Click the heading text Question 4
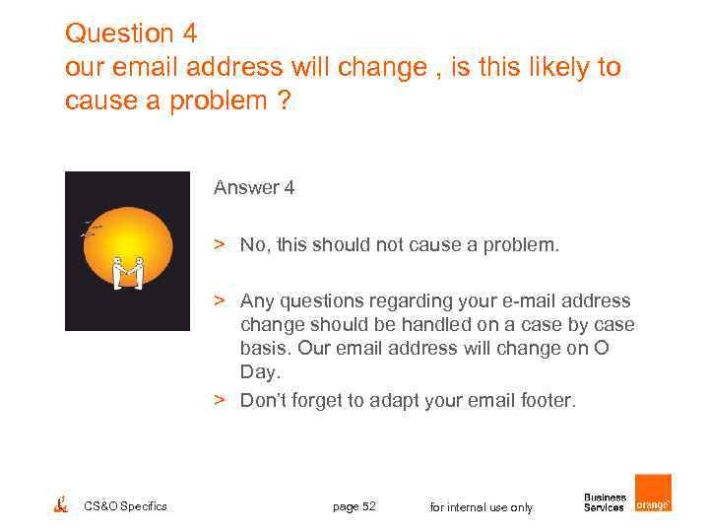(131, 33)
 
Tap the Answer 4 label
(254, 187)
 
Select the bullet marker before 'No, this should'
(223, 244)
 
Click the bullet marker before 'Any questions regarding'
(223, 300)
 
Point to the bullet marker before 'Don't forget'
(223, 400)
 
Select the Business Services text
(605, 502)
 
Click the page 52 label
(354, 506)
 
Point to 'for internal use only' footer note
(482, 507)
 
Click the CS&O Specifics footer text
(126, 506)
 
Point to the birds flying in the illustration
(91, 231)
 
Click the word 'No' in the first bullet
(252, 244)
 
